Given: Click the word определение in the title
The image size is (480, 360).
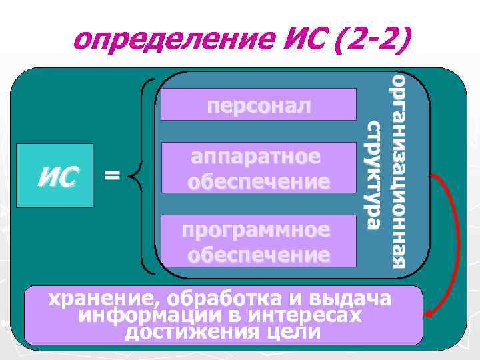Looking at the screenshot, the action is coord(159,42).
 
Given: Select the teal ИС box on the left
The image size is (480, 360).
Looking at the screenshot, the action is coord(59,176).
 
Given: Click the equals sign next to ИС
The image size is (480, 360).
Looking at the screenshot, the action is coord(113,175).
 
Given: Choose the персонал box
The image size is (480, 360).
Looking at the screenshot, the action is coord(259,106).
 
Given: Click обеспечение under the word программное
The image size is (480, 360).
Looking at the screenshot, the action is coord(259,255).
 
